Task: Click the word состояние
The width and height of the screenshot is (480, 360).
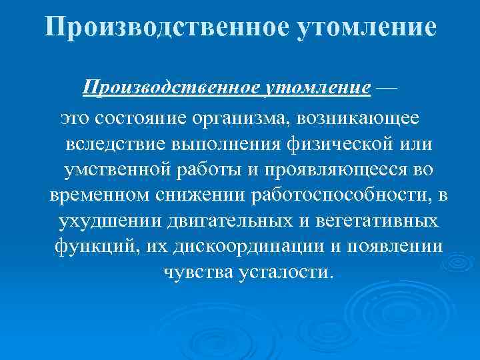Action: tap(147, 118)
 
